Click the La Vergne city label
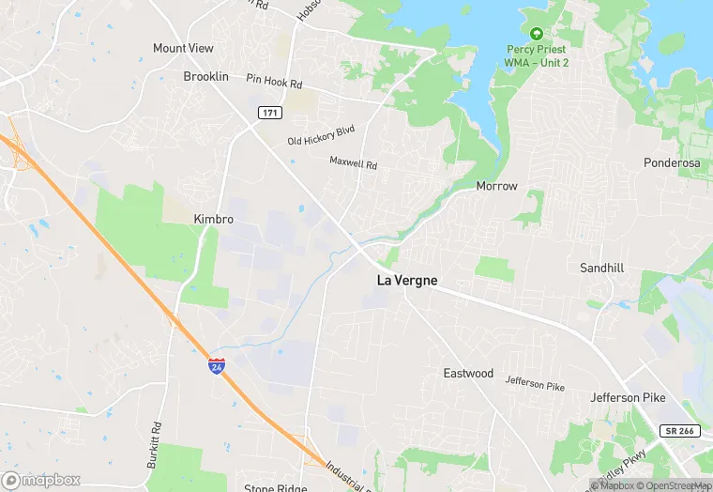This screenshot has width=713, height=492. pos(407,281)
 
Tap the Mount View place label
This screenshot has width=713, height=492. pos(183,48)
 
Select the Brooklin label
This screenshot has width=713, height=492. pos(205,76)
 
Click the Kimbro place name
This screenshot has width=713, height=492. pos(213,219)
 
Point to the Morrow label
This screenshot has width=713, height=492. pos(496,186)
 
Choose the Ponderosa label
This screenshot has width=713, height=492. pos(672,162)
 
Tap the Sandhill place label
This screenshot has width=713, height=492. pos(601,268)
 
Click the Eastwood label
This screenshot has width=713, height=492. pos(468,373)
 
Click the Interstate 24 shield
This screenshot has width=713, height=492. pos(217,365)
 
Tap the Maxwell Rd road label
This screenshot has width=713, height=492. pos(353,162)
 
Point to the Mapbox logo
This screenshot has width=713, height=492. pos(40,480)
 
